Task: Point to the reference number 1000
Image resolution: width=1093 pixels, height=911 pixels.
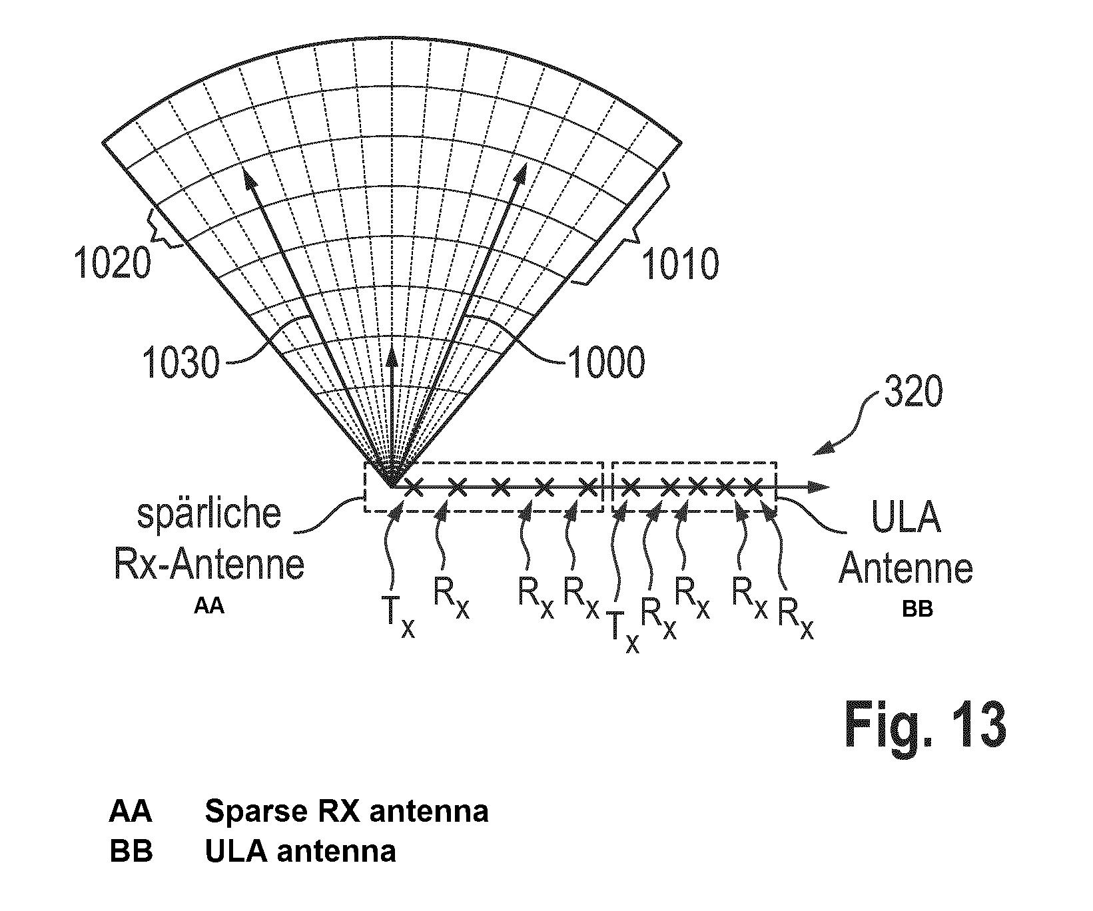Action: (x=605, y=363)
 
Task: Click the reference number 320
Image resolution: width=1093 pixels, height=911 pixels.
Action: (x=912, y=394)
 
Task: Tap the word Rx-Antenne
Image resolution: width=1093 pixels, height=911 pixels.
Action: (x=209, y=565)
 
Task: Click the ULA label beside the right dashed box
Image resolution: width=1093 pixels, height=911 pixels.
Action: (x=907, y=518)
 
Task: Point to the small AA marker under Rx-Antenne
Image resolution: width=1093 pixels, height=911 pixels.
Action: (x=209, y=607)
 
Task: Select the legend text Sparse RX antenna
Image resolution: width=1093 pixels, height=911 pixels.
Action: (x=346, y=811)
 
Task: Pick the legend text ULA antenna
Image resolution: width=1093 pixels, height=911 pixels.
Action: (x=300, y=851)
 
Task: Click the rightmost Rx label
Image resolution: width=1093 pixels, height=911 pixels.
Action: (x=796, y=617)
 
